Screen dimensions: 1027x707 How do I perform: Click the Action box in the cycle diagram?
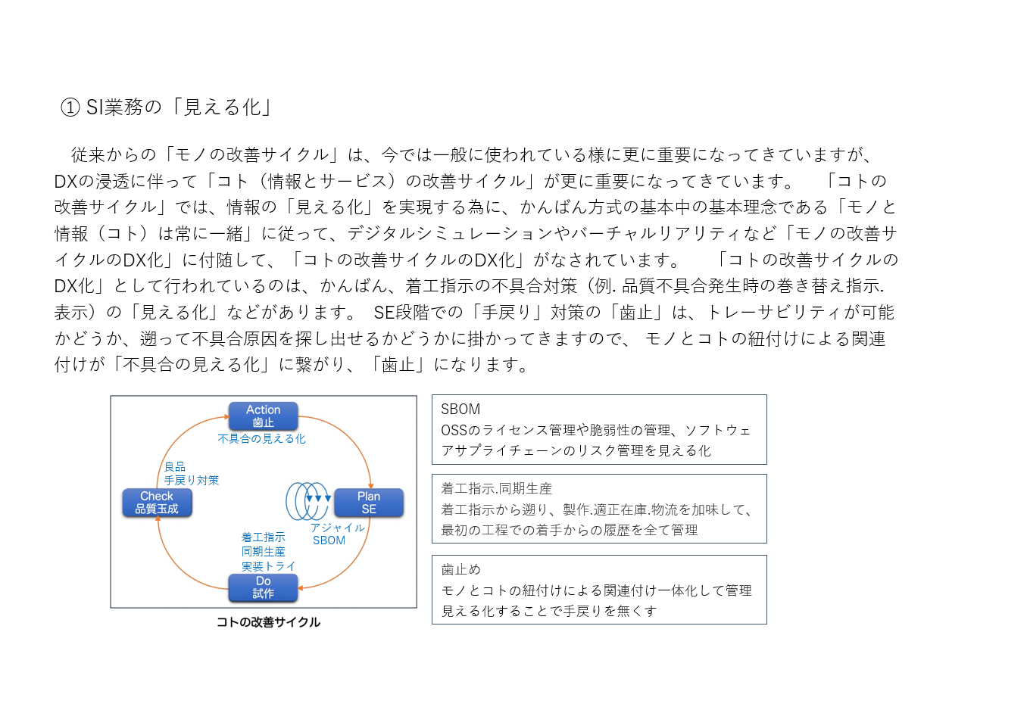coord(263,416)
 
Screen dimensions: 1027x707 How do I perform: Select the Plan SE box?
coord(369,503)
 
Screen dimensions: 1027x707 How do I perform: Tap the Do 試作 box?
coord(263,587)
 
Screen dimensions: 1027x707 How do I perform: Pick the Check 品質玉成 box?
coord(157,503)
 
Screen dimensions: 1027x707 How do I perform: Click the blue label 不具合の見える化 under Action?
coord(261,439)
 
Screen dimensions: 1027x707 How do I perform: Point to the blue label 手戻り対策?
coord(192,480)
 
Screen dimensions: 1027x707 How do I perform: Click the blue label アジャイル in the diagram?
coord(338,528)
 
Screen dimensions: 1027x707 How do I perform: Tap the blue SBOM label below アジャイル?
coord(329,540)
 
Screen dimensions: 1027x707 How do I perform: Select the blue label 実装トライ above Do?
coord(269,566)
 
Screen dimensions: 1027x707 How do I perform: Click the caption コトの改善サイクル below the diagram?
coord(268,621)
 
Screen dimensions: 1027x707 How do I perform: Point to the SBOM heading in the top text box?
coord(460,409)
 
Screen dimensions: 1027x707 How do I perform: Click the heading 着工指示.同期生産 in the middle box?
coord(497,488)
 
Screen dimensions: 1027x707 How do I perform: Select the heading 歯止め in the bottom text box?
coord(460,569)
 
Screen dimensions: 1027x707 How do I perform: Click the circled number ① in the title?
coord(70,107)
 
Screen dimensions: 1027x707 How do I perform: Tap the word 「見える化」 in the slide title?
coord(222,107)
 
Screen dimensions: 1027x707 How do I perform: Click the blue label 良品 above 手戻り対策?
coord(175,466)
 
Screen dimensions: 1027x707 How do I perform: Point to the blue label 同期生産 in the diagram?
coord(263,552)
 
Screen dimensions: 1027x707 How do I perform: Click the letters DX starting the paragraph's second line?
coord(66,182)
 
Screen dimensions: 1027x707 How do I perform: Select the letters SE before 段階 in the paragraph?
coord(384,313)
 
